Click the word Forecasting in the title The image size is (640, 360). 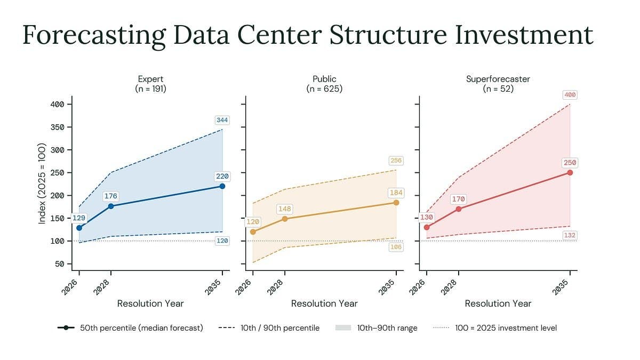pos(94,36)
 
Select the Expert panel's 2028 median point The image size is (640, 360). pos(111,206)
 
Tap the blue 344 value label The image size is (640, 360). pos(222,120)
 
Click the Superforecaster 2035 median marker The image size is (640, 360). pos(570,173)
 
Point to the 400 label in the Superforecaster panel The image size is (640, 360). pos(570,95)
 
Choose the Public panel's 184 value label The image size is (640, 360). pos(396,193)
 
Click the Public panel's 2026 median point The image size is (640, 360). pos(253,232)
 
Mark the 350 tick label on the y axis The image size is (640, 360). pos(57,127)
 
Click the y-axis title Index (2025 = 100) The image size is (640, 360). pos(42,183)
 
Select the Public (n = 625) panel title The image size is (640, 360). pos(324,84)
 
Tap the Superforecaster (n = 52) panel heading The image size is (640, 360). pos(498,84)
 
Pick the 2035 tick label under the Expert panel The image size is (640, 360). pos(213,287)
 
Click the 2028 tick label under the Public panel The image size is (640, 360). pos(275,287)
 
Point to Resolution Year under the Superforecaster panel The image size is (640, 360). pos(498,303)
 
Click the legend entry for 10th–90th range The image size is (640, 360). pos(377,328)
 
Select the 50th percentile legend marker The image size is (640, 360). pos(66,327)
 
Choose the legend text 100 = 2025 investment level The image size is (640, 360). pos(506,328)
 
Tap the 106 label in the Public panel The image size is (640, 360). pos(396,247)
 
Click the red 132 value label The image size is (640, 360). pos(570,235)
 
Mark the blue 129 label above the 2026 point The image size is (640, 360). pos(79,218)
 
